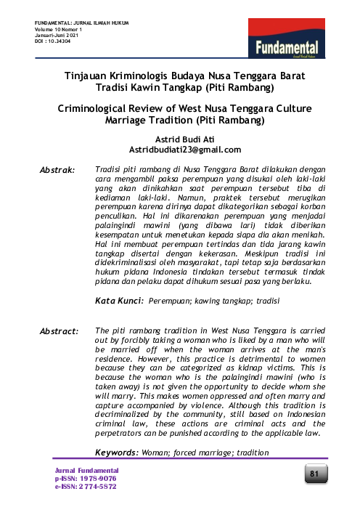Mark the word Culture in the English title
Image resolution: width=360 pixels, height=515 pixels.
pos(281,108)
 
